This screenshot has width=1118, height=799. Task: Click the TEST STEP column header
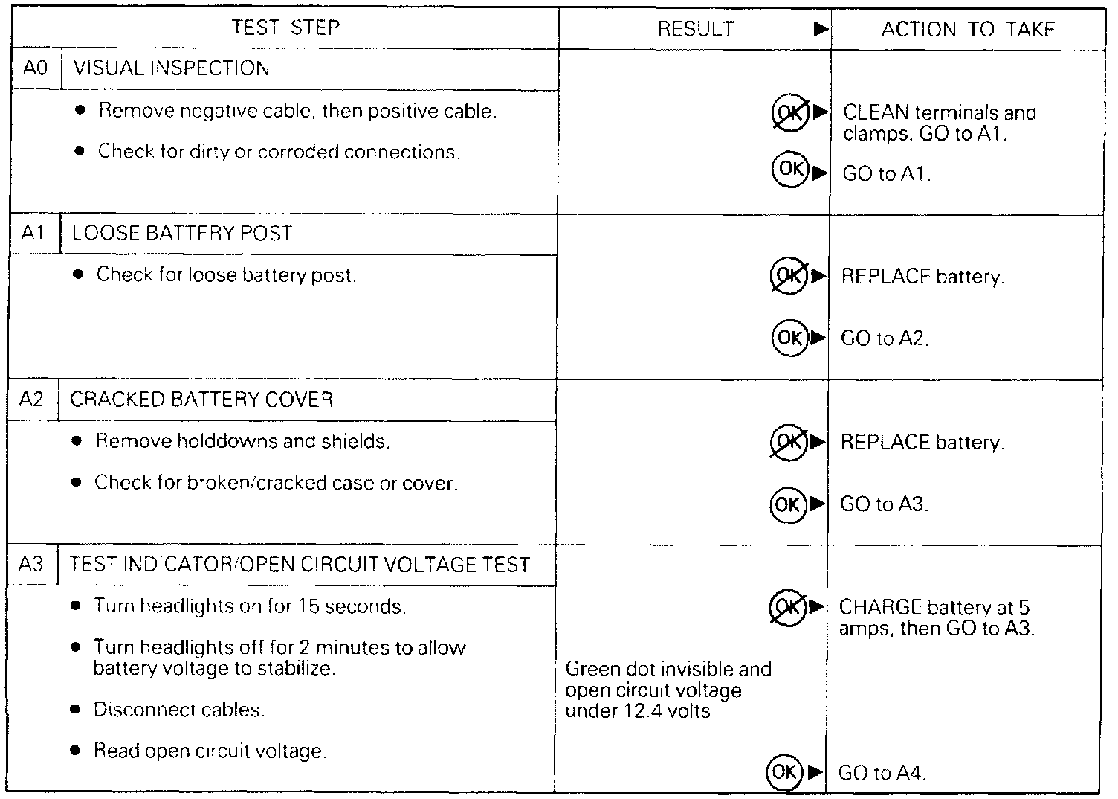point(285,28)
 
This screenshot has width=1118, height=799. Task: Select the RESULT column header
point(696,30)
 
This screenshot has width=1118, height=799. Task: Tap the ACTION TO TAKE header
point(968,30)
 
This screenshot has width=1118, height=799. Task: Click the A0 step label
point(35,68)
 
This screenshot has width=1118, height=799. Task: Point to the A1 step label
point(33,234)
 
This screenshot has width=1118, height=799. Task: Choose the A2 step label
point(32,399)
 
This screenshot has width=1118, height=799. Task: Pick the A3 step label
point(31,565)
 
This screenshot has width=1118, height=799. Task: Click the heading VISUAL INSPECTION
point(172,68)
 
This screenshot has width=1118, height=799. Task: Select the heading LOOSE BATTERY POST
point(182,234)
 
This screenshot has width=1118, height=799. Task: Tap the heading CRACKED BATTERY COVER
point(201,399)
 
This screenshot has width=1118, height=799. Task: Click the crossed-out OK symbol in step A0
point(789,113)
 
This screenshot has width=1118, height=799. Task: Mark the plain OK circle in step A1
point(789,338)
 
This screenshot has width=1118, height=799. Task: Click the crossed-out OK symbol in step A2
point(788,442)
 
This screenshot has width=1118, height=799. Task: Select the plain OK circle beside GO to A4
point(784,771)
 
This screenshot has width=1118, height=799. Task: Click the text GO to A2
point(885,339)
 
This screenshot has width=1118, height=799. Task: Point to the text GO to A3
point(885,504)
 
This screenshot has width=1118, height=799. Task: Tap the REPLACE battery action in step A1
point(922,277)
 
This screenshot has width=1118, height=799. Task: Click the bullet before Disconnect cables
point(74,710)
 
